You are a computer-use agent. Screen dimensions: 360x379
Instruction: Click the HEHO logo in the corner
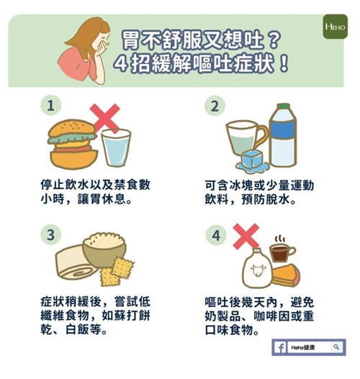(x=335, y=27)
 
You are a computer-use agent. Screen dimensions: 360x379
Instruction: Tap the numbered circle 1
(x=50, y=106)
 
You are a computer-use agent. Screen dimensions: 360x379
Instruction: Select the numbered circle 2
(x=215, y=106)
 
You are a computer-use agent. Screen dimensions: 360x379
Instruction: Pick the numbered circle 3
(x=50, y=234)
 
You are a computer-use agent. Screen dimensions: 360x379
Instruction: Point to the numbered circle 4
(x=216, y=235)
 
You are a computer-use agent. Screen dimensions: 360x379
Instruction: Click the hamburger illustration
(x=73, y=144)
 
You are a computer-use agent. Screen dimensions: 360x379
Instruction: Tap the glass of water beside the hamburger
(x=116, y=147)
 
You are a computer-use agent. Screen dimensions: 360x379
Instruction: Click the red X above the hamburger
(x=105, y=119)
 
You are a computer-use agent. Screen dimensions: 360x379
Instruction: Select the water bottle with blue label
(x=283, y=135)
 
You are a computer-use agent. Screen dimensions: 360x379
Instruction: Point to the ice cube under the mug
(x=252, y=160)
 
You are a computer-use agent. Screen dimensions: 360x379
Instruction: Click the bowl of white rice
(x=104, y=250)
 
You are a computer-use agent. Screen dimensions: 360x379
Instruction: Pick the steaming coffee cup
(x=282, y=252)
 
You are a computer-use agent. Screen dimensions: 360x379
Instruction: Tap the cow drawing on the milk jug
(x=258, y=270)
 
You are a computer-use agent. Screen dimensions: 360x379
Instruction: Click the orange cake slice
(x=287, y=275)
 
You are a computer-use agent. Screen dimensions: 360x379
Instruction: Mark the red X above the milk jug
(x=246, y=237)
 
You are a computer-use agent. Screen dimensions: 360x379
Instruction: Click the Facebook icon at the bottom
(x=280, y=347)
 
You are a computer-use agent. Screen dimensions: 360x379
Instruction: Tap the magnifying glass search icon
(x=336, y=347)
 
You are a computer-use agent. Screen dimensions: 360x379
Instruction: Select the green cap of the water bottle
(x=283, y=106)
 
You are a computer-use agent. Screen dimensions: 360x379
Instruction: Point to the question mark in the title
(x=274, y=40)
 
